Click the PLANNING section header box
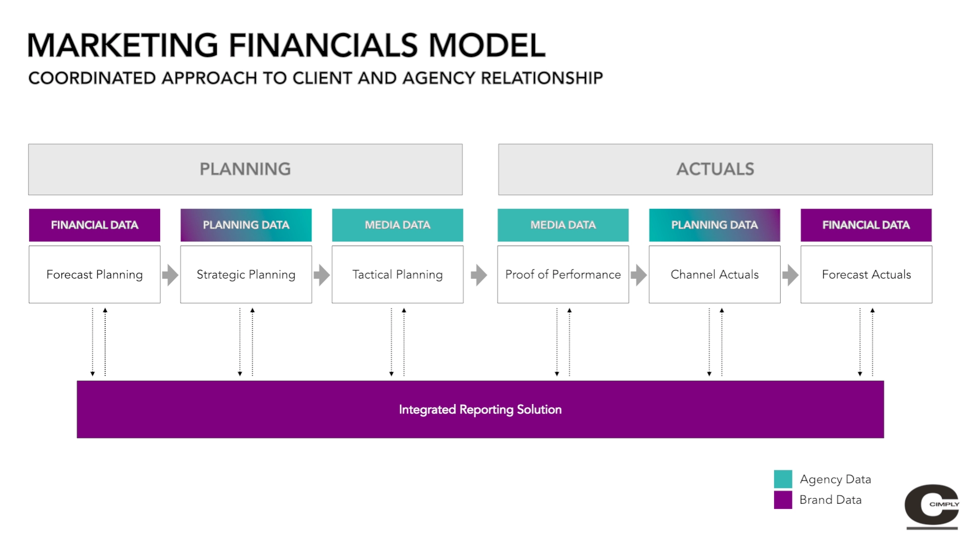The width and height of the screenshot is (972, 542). tap(245, 169)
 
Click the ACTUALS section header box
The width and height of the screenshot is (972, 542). tap(715, 169)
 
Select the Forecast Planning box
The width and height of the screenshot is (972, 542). tap(94, 275)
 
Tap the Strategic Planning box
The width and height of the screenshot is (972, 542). tap(246, 275)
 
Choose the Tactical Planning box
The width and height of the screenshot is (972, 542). tap(397, 275)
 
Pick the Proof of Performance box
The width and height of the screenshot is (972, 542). tap(563, 275)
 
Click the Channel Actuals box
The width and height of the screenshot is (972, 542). tap(714, 275)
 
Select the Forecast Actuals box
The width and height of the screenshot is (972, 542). tap(866, 275)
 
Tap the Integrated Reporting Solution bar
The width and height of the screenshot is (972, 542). tap(480, 410)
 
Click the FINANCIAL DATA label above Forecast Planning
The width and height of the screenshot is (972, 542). tap(94, 225)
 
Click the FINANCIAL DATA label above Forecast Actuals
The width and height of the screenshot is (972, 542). tap(866, 225)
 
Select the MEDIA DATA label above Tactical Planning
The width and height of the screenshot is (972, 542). tap(397, 225)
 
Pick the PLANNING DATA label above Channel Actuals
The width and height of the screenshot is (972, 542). tap(714, 225)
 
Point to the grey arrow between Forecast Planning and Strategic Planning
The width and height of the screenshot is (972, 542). tap(170, 275)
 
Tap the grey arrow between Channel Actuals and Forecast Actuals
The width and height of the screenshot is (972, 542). tap(790, 275)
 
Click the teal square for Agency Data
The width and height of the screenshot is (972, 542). tap(783, 479)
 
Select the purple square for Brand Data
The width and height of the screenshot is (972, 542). tap(783, 500)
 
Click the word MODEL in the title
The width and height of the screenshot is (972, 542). tap(487, 46)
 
